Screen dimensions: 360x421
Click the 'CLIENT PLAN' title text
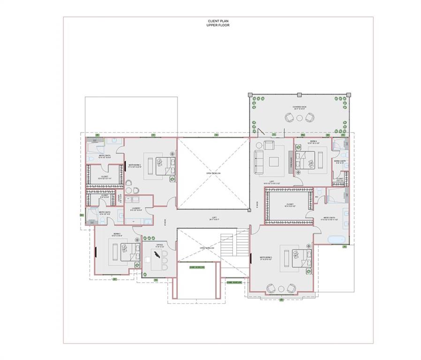point(218,22)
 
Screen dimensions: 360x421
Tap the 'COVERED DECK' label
point(300,107)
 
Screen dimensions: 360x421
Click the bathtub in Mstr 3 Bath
point(336,239)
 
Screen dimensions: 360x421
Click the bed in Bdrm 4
point(310,162)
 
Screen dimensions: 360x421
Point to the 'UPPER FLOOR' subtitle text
point(218,25)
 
